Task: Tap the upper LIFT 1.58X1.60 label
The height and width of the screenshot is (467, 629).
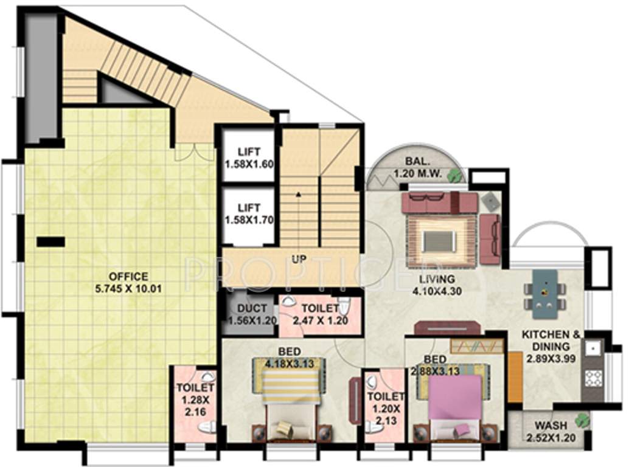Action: (242, 159)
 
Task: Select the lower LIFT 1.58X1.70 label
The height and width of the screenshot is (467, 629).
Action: (242, 213)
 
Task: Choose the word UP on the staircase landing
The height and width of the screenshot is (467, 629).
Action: (298, 259)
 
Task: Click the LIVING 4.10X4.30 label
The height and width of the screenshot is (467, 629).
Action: (433, 285)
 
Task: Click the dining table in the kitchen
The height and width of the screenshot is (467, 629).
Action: (545, 293)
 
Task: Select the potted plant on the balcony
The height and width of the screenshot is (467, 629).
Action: (453, 176)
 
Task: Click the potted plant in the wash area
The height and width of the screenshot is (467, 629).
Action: (583, 420)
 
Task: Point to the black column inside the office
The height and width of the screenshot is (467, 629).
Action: (50, 241)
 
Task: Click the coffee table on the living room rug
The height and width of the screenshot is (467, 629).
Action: (439, 241)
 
